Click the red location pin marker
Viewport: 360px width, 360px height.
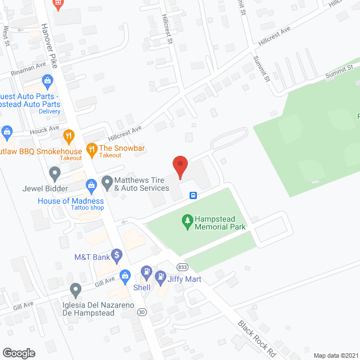click(179, 166)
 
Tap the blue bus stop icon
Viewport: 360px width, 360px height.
click(193, 196)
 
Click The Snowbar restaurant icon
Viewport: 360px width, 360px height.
click(91, 149)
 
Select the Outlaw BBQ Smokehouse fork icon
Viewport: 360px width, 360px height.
click(69, 136)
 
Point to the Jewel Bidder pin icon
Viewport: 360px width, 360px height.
click(55, 172)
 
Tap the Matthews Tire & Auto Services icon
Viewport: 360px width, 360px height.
click(107, 182)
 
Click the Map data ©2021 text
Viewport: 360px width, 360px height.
click(335, 355)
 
